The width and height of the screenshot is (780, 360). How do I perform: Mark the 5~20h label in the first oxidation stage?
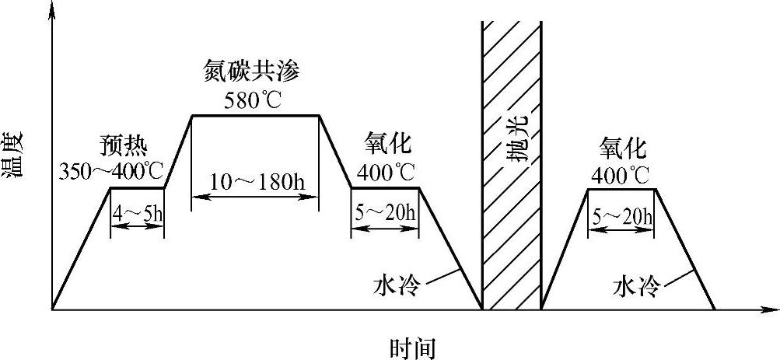[386, 212]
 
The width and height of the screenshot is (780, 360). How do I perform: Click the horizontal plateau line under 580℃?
[256, 116]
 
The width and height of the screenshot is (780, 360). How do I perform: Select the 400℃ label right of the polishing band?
[621, 173]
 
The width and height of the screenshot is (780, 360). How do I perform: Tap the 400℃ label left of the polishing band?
[384, 170]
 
